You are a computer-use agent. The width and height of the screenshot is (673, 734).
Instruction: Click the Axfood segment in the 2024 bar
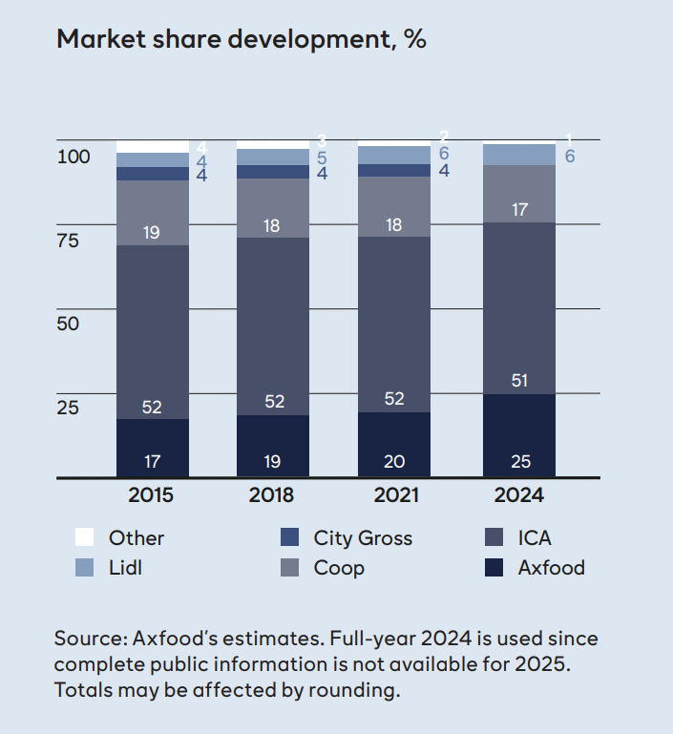pos(519,434)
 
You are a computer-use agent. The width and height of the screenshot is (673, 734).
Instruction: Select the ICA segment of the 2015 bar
pos(153,329)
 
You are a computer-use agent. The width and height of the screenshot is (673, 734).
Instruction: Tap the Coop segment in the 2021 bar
pos(394,205)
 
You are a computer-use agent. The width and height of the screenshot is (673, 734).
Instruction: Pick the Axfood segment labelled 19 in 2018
pos(273,445)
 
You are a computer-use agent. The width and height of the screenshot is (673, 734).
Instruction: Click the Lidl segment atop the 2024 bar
pos(519,155)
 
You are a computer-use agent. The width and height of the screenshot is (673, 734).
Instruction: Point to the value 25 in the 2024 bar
pos(519,462)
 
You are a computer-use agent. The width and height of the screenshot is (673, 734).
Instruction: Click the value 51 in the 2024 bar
pos(519,380)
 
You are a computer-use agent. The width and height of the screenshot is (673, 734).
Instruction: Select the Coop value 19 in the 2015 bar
pos(152,232)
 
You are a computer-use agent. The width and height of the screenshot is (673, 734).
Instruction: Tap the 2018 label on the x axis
pos(272,495)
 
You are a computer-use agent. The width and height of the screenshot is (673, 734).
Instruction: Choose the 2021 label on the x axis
pos(394,495)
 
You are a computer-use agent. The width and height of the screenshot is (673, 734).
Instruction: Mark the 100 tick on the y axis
pos(73,157)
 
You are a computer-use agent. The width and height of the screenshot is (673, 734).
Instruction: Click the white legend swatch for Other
pos(84,537)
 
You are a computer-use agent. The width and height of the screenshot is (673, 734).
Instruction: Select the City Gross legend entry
pos(363,537)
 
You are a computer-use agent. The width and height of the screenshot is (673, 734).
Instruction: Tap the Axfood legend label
pos(551,568)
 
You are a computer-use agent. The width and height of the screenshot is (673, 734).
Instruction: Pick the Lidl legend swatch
pos(84,568)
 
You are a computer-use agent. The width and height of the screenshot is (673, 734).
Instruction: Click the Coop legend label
pos(339,568)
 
